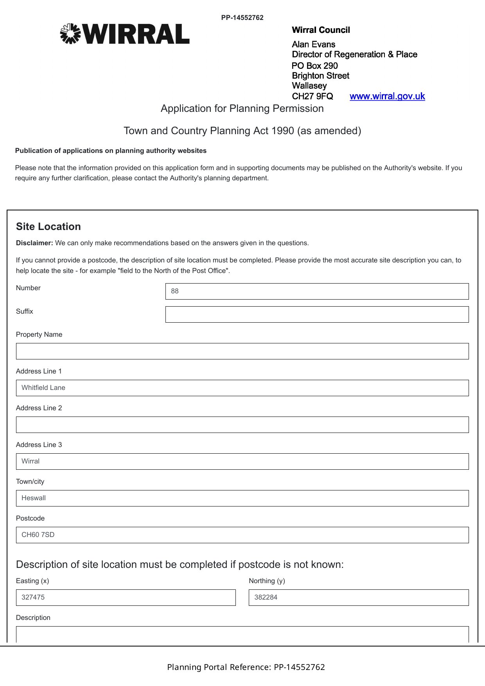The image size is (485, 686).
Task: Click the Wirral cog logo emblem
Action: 70,34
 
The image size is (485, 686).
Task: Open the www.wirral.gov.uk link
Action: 387,96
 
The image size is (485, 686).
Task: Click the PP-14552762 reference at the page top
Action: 242,18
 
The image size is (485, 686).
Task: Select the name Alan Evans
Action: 313,44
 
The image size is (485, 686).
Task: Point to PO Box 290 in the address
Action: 314,66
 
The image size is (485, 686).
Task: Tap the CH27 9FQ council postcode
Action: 313,96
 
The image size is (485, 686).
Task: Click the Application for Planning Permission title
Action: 242,108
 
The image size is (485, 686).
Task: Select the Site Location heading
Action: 48,226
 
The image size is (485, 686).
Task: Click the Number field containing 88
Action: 317,291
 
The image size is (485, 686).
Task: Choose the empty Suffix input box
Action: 317,314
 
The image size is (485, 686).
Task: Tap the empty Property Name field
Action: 242,351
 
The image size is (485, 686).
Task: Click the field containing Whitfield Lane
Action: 242,388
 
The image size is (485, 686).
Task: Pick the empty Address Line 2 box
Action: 242,425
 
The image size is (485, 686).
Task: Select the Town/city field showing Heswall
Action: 242,498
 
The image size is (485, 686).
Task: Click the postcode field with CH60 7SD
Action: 242,535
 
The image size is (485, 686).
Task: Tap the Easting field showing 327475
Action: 126,598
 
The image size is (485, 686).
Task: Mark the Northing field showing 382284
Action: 359,598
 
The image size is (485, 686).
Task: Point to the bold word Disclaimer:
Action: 34,243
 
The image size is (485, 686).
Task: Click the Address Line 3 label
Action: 39,445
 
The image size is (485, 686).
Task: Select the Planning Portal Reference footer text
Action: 246,667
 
